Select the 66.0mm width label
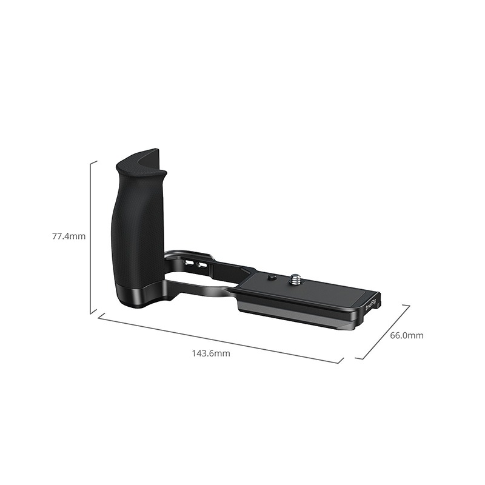[x=406, y=335]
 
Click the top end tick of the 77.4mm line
[x=94, y=162]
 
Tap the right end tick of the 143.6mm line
[x=339, y=361]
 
